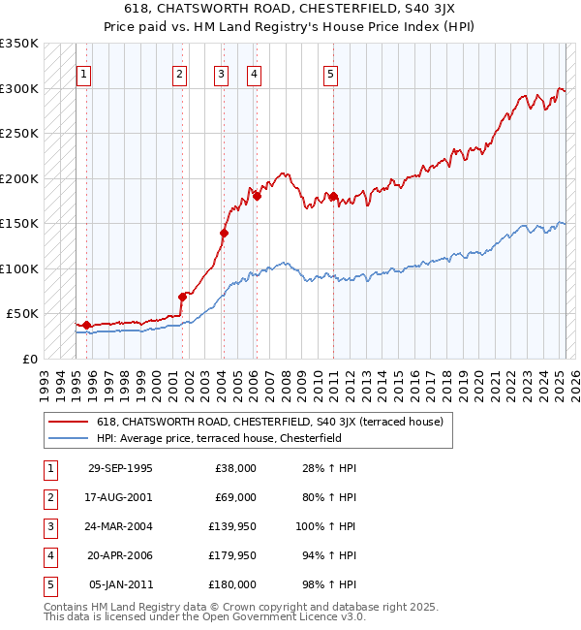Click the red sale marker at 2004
pyautogui.click(x=224, y=233)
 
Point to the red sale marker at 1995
pyautogui.click(x=87, y=325)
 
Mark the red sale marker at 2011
pyautogui.click(x=333, y=197)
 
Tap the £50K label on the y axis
pyautogui.click(x=22, y=314)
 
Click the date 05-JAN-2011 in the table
pyautogui.click(x=120, y=584)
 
